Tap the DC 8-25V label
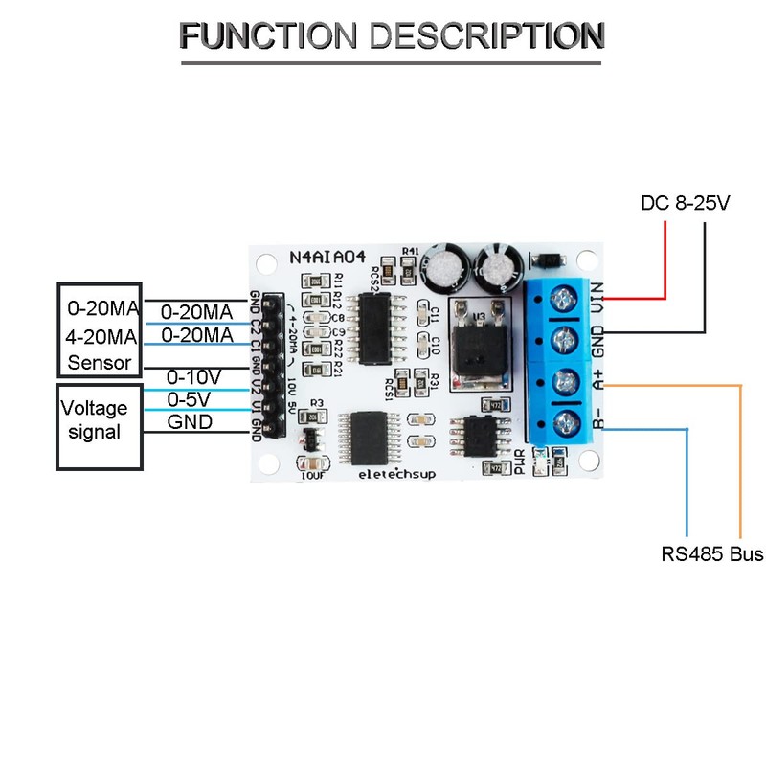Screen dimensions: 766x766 [x=685, y=204]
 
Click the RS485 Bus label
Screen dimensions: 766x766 [x=711, y=553]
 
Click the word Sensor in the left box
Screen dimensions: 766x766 [x=100, y=363]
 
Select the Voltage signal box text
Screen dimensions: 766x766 [x=95, y=420]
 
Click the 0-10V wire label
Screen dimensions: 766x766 [x=194, y=376]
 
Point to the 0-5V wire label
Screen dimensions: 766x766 [x=190, y=398]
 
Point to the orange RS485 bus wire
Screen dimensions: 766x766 [x=740, y=460]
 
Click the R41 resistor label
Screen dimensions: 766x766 [x=411, y=252]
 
